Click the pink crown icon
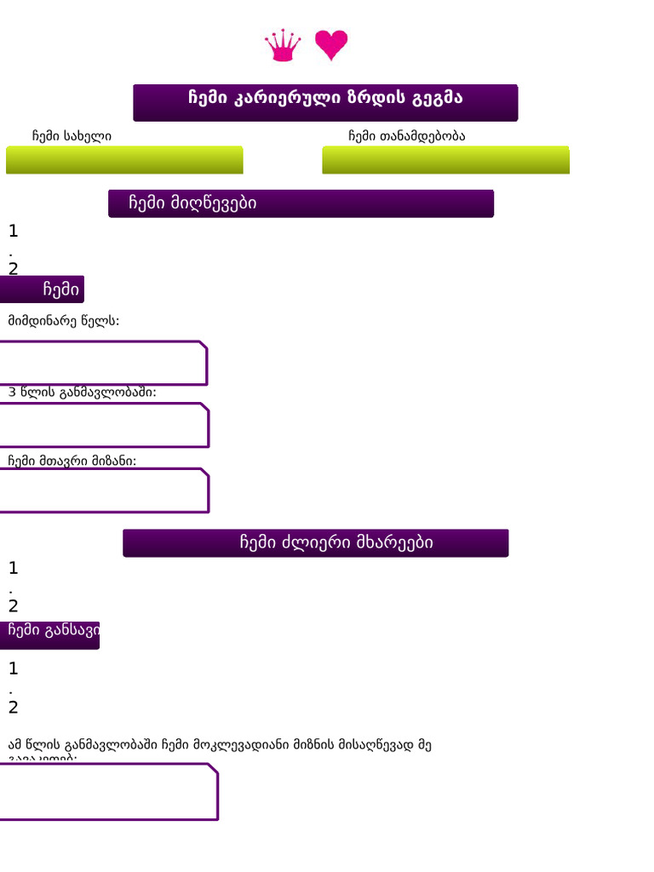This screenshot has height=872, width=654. coord(283,45)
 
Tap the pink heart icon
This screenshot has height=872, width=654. coord(331,44)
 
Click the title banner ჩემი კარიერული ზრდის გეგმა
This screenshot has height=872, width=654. coord(325,102)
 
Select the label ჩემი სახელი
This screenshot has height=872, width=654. coord(72,136)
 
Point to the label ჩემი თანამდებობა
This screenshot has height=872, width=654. coord(407,136)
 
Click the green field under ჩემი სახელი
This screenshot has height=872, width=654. coord(124,160)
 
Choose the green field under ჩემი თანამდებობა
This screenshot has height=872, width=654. coord(445,160)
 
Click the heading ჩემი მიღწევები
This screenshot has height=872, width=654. coord(301,204)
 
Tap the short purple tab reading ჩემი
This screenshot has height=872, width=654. coord(43,290)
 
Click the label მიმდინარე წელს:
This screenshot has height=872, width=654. coord(64,321)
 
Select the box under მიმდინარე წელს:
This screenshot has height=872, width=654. coord(103,364)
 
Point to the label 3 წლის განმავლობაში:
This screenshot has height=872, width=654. coord(83,393)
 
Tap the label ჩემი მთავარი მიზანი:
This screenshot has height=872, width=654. coord(72,461)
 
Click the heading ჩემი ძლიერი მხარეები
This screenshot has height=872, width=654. coord(316,543)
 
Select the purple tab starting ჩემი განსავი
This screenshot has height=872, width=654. coord(50,634)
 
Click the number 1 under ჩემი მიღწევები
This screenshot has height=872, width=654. coord(13,231)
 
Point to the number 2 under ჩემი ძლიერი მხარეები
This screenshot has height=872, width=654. coord(13,606)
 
